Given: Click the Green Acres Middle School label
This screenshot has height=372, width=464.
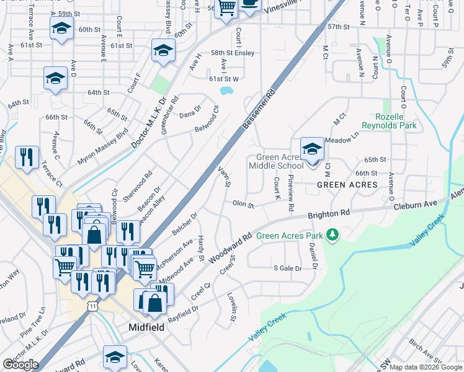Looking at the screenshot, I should coord(276,161).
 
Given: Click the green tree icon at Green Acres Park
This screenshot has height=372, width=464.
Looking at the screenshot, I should coord(333,234).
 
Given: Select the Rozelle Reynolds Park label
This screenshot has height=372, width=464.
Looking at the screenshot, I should coord(396,121).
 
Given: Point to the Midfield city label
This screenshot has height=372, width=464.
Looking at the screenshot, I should coord(146,327).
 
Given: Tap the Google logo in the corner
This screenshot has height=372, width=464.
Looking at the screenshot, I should coord(20,365).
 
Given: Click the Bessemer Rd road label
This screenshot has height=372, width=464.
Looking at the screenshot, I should coord(258,110).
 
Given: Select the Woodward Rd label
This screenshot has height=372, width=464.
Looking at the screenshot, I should coord(230,246).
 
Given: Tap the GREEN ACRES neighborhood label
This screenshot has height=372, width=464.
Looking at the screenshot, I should coord(347,185).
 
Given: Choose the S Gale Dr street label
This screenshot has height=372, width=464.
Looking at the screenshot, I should coord(287,268).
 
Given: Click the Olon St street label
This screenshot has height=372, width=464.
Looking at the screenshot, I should coord(243,203).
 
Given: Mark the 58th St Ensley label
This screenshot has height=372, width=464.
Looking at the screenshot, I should coord(233,53).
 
